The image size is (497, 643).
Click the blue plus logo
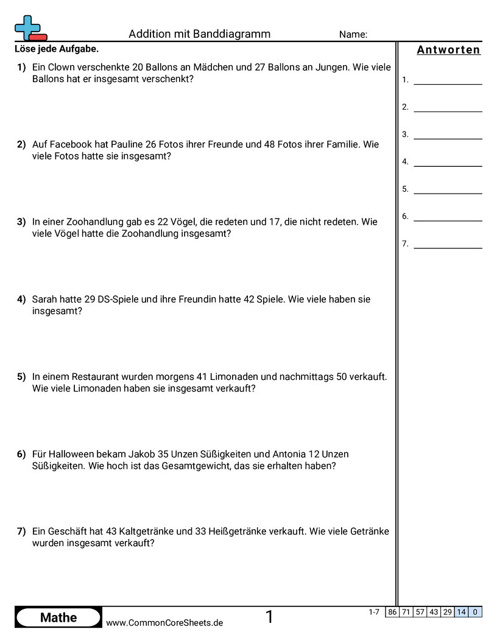click(x=27, y=27)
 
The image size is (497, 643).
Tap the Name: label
click(x=353, y=35)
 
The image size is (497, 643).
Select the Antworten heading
click(x=448, y=50)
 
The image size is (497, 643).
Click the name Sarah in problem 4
click(x=44, y=300)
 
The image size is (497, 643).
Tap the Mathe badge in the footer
click(x=58, y=617)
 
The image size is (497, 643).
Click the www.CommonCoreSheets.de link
click(x=164, y=623)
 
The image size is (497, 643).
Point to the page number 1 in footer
click(x=269, y=617)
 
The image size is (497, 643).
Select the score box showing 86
click(x=392, y=612)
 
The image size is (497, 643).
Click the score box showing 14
click(x=462, y=612)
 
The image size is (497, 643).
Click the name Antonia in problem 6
click(x=289, y=454)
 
